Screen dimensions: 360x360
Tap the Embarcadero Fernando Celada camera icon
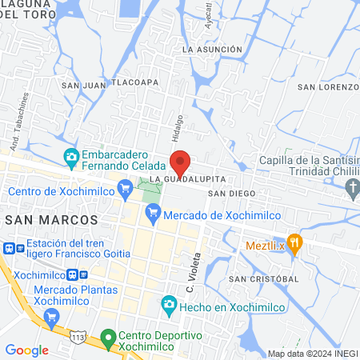(x=70, y=155)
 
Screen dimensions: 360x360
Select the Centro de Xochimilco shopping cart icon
(x=124, y=190)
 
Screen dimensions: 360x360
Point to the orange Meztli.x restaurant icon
(x=294, y=245)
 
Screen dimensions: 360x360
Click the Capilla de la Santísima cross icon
(x=354, y=188)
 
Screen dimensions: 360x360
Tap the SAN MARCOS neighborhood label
(x=51, y=218)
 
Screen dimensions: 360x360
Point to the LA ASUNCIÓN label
(x=212, y=50)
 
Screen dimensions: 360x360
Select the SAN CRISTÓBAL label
(x=263, y=278)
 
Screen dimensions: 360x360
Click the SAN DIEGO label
(x=231, y=194)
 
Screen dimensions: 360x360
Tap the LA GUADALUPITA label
(x=184, y=177)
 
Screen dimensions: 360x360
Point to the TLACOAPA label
(x=134, y=82)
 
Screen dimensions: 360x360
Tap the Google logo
(x=26, y=350)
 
